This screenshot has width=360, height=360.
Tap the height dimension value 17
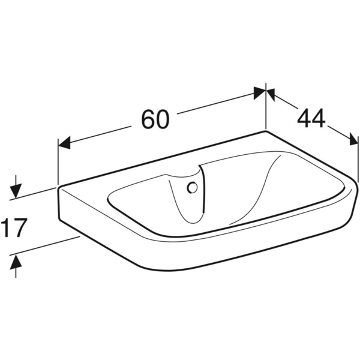(x=14, y=228)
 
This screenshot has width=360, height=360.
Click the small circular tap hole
(x=192, y=188)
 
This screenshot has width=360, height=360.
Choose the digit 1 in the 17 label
(x=7, y=228)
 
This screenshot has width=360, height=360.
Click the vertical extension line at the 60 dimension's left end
(x=58, y=165)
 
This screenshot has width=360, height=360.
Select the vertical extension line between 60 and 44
(x=266, y=111)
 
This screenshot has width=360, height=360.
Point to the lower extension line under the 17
(x=48, y=246)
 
